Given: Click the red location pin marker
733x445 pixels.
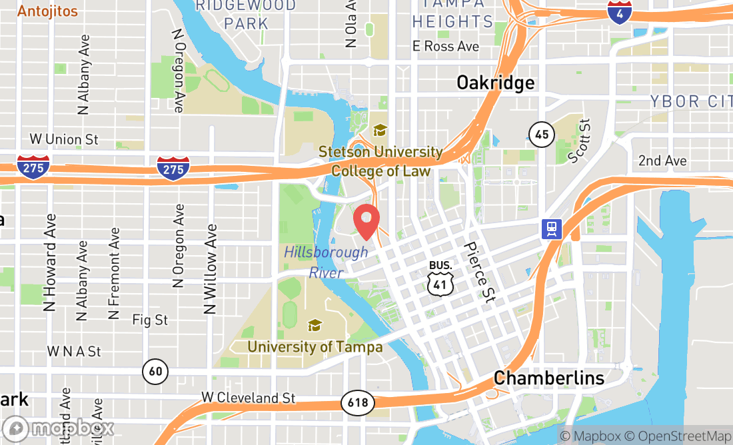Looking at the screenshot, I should tap(366, 222).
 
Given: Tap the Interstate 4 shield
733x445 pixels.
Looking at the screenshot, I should tap(620, 12).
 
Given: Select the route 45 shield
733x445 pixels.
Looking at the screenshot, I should tap(542, 135).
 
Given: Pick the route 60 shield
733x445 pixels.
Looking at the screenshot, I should tap(155, 370).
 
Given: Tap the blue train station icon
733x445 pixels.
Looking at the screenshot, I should tap(552, 230).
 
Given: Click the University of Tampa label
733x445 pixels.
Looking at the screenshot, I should tap(315, 347).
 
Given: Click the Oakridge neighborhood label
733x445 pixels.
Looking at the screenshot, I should tap(495, 83).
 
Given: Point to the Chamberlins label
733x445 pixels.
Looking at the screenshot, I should tap(549, 378).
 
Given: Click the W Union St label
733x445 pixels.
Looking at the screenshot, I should tap(64, 140).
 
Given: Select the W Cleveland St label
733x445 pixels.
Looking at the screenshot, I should tap(248, 398).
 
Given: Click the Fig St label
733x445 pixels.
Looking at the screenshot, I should tap(150, 320).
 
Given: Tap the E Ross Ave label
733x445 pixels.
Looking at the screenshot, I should tap(445, 46).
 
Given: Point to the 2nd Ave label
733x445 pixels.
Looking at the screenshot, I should tap(662, 161).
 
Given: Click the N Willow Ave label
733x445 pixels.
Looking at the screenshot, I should tap(210, 268).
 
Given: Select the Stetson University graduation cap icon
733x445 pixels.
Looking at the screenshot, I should tap(380, 130).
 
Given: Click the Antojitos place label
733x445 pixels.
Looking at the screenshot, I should tap(47, 11).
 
